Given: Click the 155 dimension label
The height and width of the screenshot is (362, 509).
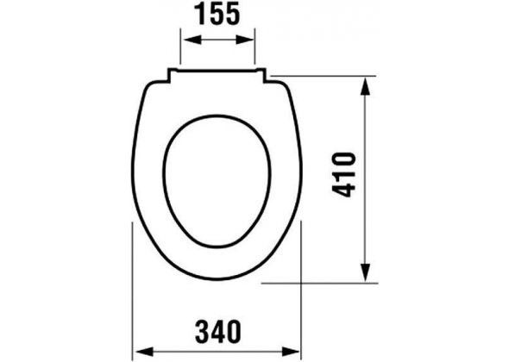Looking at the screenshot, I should point(217,16).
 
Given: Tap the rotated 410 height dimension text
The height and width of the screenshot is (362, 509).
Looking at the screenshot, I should point(345,174).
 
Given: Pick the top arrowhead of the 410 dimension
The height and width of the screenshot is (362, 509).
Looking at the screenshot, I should point(368,83).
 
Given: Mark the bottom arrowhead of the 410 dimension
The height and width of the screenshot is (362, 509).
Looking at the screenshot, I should point(368,274).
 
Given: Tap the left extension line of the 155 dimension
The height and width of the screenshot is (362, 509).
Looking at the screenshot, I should point(179,47).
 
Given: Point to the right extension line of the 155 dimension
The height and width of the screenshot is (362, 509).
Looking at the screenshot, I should point(256,47).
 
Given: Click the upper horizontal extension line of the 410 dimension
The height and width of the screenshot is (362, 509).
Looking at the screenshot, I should point(328,77).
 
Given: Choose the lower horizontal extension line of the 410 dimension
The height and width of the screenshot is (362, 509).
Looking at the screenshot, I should point(319,281).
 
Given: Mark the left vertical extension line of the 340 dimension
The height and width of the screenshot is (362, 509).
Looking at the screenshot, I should point(131,284).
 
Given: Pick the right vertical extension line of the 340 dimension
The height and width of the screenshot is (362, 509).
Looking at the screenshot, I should point(301,284).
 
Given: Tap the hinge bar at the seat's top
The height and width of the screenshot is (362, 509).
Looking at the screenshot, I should point(217,74).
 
